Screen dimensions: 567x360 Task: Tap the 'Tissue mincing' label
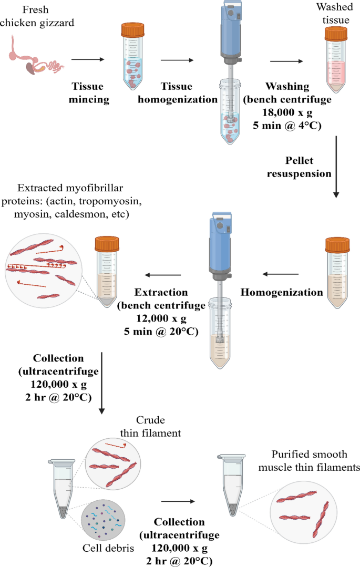[87, 92]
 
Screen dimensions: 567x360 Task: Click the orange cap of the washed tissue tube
[336, 35]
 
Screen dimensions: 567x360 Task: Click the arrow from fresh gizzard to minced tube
[88, 59]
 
